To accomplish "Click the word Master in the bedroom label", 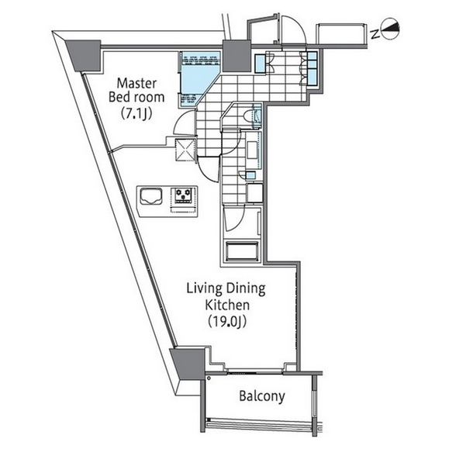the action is click(x=137, y=83).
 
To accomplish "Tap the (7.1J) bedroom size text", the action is click(x=136, y=112).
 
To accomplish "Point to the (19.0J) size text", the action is click(x=227, y=321).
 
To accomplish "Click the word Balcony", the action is click(x=262, y=396).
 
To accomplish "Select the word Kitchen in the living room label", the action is click(x=227, y=305).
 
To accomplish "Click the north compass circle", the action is click(x=390, y=29).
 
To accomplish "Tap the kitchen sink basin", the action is click(x=151, y=196).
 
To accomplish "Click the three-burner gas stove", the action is click(x=184, y=195).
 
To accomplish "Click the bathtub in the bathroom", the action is click(x=242, y=251).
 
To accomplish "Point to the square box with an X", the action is click(x=185, y=149).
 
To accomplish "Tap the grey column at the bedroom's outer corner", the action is click(x=85, y=56).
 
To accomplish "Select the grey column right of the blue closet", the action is click(x=237, y=56).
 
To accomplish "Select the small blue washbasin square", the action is click(x=250, y=175).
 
